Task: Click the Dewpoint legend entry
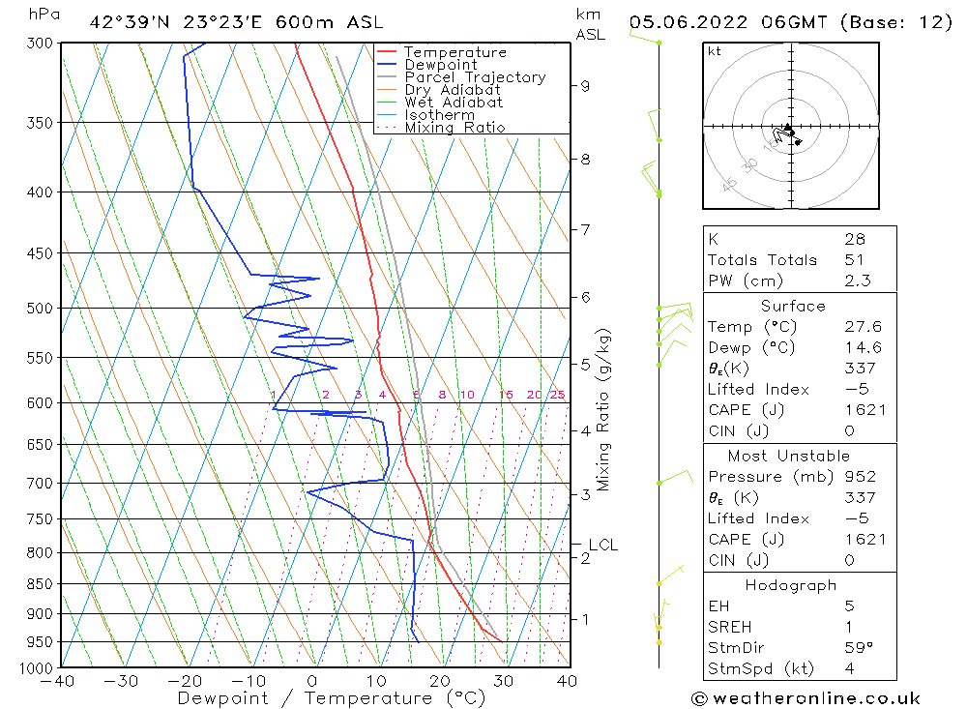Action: pos(441,65)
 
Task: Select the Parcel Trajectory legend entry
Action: pos(475,77)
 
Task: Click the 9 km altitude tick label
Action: pos(585,85)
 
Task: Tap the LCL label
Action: pos(602,546)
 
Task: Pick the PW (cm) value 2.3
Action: pos(857,281)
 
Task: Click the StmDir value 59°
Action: pos(859,648)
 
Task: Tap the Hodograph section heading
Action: pos(791,585)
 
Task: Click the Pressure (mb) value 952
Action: pos(860,477)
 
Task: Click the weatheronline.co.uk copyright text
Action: pos(806,698)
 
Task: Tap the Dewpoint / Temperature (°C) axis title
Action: pos(332,697)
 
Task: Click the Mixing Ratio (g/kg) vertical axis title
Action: pos(604,409)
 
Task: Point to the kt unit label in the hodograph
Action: pos(715,51)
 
